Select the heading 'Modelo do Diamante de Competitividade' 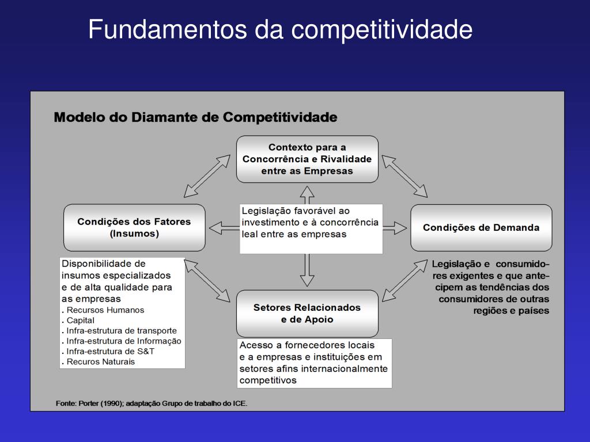[x=195, y=117]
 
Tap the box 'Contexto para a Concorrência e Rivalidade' [x=307, y=159]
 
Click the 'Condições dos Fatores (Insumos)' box [x=134, y=227]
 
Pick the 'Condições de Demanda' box [x=481, y=227]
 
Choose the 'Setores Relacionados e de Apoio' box [x=307, y=313]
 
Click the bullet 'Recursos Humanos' [x=105, y=310]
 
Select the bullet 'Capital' [x=80, y=320]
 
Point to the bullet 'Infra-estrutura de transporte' [x=121, y=330]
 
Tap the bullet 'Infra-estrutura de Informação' [x=123, y=341]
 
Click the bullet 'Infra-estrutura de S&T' [x=110, y=351]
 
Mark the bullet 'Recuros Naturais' [x=100, y=361]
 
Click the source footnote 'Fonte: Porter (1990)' [x=152, y=403]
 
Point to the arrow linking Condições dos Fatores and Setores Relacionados [x=207, y=280]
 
